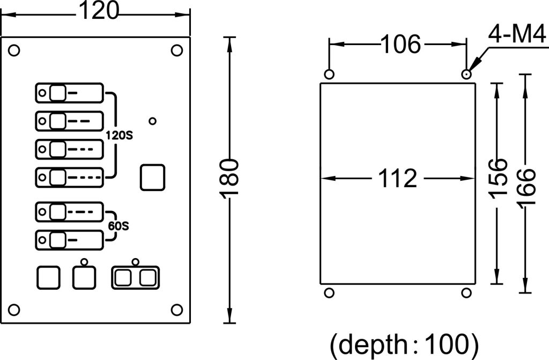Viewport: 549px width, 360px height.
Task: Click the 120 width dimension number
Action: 98,11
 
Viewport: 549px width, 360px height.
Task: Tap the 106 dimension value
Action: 401,45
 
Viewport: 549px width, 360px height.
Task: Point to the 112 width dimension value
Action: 398,178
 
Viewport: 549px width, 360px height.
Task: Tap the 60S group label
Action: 118,226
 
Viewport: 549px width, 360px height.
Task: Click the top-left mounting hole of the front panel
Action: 14,50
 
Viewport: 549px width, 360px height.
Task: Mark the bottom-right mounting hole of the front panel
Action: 176,310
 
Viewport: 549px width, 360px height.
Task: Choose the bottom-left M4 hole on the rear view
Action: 329,292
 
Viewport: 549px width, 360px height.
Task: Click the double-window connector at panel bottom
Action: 135,277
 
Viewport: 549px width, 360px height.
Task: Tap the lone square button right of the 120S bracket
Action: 153,177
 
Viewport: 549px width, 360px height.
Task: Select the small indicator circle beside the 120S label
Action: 153,121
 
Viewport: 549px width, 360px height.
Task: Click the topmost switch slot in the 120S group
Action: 69,93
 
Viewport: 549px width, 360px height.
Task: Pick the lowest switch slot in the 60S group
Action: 69,239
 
